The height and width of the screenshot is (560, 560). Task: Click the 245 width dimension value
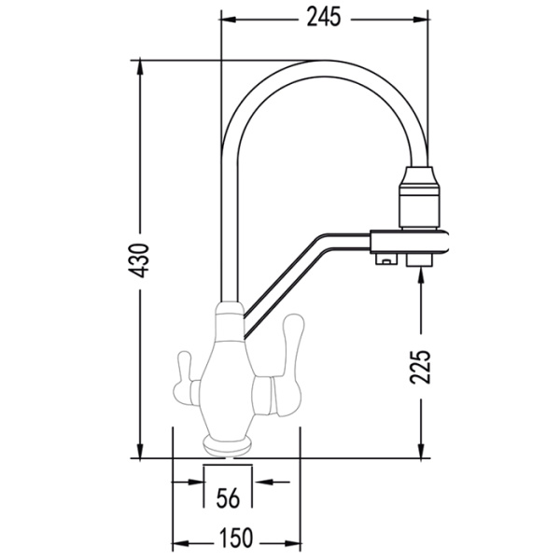tap(324, 18)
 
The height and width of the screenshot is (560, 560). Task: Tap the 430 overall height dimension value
tap(138, 260)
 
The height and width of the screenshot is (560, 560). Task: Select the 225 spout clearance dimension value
tap(420, 367)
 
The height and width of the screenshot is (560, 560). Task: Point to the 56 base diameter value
tap(229, 498)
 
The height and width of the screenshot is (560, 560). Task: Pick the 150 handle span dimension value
tap(236, 538)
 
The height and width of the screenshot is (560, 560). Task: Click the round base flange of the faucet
tap(227, 446)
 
